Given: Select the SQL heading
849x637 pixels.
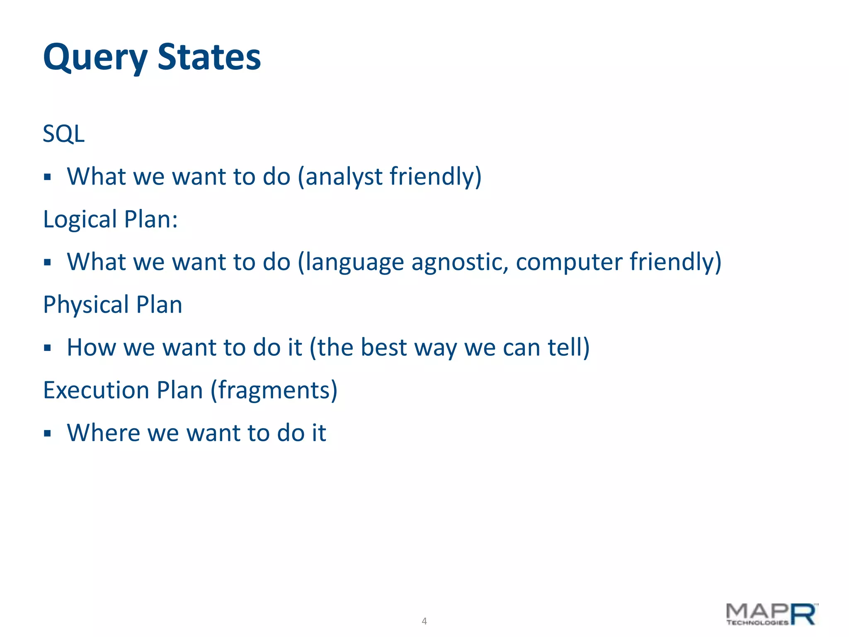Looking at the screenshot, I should click(x=64, y=134).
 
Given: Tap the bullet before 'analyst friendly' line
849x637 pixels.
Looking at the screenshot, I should click(x=47, y=177).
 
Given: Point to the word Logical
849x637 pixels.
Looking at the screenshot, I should click(x=80, y=219).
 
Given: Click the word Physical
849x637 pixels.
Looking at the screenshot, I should click(x=86, y=305).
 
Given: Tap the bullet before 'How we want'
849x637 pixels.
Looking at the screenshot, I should click(x=47, y=348).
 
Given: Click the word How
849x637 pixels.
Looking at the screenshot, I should click(x=91, y=348).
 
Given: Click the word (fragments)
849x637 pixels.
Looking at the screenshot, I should click(x=274, y=391).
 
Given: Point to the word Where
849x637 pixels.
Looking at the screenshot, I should click(x=104, y=433).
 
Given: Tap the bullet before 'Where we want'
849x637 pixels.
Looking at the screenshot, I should click(x=47, y=434).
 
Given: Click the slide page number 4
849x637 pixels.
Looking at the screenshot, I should click(x=424, y=621).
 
